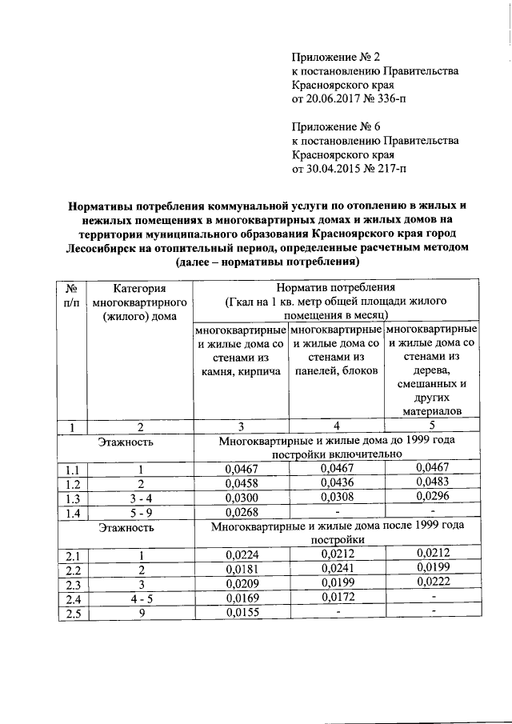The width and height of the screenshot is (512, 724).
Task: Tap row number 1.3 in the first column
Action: pos(73,498)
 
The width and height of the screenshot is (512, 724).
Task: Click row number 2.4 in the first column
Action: pos(73,598)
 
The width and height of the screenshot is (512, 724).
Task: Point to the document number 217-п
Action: pos(387,169)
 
